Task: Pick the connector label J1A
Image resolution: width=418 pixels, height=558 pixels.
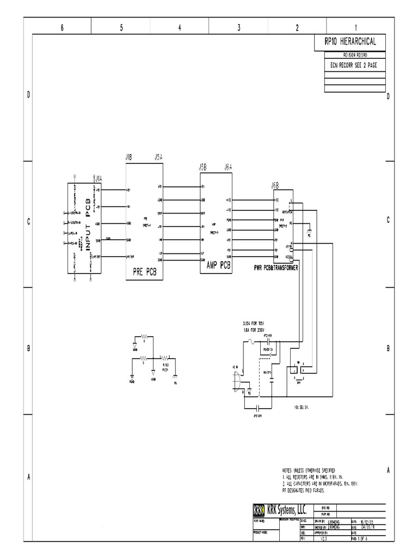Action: pos(99,178)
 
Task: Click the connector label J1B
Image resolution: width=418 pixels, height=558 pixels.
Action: pos(129,157)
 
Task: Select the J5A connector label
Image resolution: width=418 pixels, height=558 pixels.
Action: pos(158,157)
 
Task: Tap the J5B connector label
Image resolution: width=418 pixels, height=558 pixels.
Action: pos(202,167)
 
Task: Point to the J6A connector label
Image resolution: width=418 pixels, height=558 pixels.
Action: pos(229,167)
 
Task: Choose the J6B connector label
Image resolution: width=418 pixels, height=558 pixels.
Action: pos(275,185)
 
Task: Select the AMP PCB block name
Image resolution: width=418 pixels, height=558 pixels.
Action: pos(219,265)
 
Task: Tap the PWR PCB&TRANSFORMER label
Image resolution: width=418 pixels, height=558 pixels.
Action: pos(276,268)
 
